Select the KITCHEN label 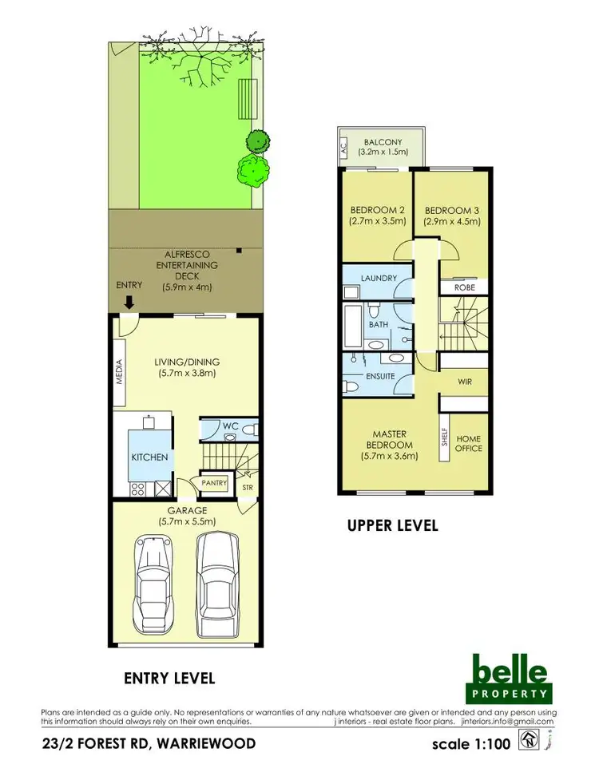(x=150, y=457)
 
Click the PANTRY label (x=214, y=483)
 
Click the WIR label (x=465, y=382)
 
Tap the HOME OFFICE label (x=469, y=443)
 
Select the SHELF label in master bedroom (x=445, y=438)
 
